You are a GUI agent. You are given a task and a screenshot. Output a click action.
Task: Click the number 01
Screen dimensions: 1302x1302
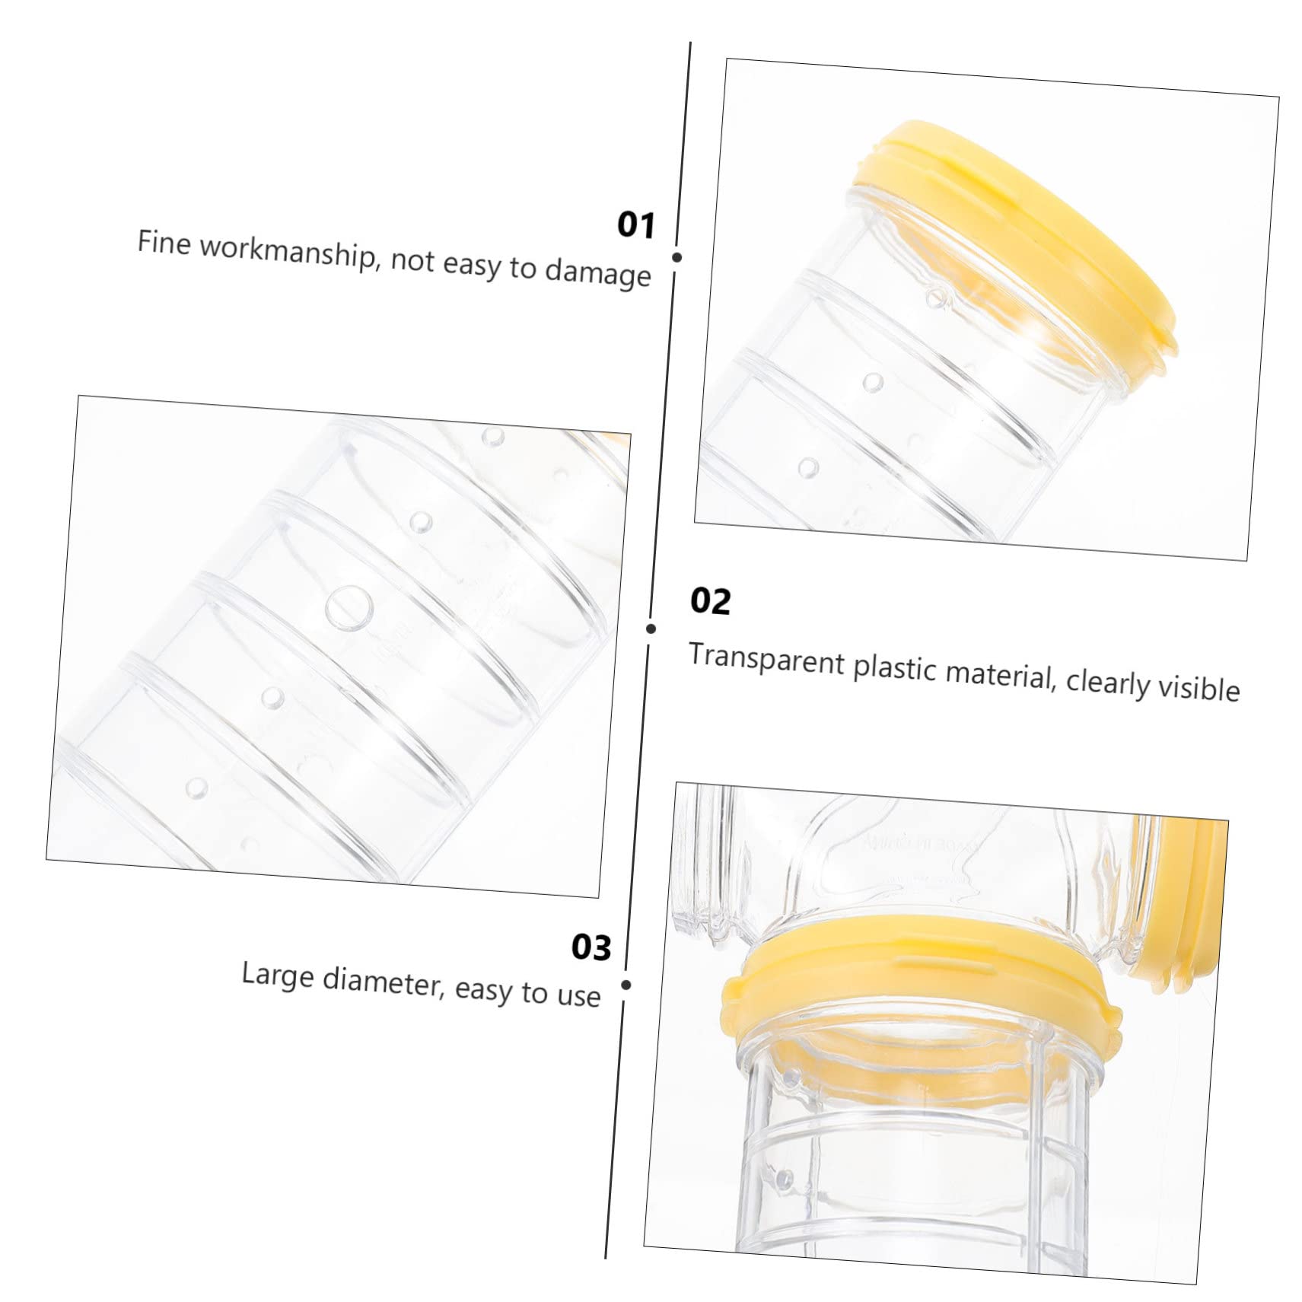635,225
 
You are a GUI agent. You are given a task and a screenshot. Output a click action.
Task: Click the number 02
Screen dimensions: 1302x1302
710,600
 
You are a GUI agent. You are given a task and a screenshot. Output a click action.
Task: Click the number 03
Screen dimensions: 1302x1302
591,947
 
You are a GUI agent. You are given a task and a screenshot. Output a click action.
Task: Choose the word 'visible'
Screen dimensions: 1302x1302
1199,686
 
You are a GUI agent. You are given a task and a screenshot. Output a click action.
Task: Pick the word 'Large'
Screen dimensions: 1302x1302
278,976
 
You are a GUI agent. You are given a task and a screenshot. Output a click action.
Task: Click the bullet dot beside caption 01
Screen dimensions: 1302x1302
676,257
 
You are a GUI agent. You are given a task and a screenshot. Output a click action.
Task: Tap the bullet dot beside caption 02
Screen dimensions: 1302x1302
651,629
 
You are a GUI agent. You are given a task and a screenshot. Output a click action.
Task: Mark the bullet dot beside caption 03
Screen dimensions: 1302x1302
626,985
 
